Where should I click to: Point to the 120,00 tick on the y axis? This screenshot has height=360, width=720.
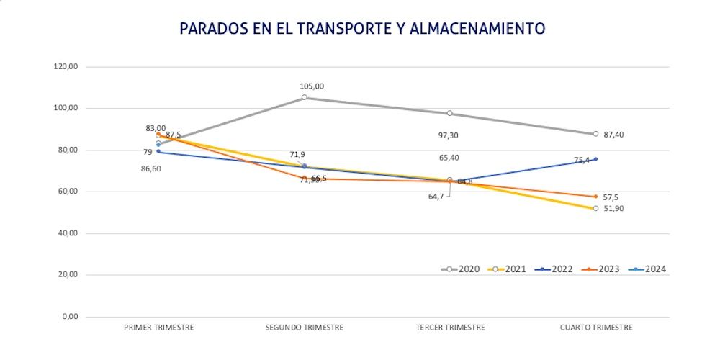pyautogui.click(x=66, y=67)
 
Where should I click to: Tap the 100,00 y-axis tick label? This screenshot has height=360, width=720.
pyautogui.click(x=66, y=108)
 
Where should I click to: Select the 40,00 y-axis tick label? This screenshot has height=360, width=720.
pyautogui.click(x=68, y=233)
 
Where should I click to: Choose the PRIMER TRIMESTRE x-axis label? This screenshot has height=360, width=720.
pyautogui.click(x=159, y=328)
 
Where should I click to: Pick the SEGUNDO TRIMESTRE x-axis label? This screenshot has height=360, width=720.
pyautogui.click(x=305, y=328)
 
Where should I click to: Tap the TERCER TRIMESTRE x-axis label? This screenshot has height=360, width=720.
pyautogui.click(x=451, y=328)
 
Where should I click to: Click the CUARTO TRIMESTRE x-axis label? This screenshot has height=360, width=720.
pyautogui.click(x=596, y=328)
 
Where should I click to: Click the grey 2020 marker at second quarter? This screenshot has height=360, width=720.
pyautogui.click(x=305, y=97)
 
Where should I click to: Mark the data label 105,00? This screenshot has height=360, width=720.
pyautogui.click(x=312, y=86)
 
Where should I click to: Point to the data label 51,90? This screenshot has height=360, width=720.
pyautogui.click(x=614, y=210)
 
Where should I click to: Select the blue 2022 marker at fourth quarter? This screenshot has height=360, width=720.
pyautogui.click(x=595, y=159)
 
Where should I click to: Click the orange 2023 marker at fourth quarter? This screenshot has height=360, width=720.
pyautogui.click(x=595, y=197)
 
